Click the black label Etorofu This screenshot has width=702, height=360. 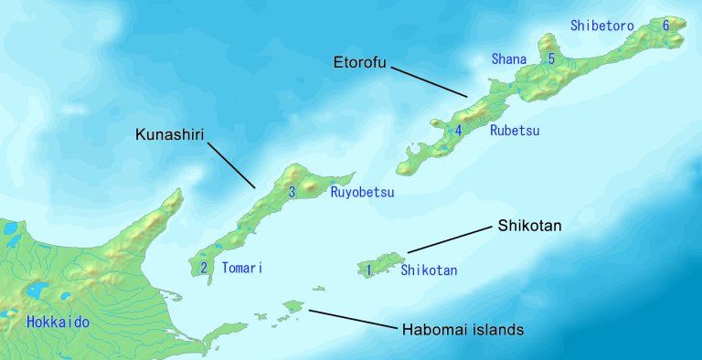point(361,64)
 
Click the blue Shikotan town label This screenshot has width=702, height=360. point(429,270)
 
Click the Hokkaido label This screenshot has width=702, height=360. point(58,322)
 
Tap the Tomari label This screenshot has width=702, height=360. point(242,269)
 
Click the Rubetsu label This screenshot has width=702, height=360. point(515,131)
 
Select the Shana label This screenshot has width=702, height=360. point(509,59)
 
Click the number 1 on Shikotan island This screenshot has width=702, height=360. point(369,270)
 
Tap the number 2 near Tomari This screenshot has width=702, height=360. point(203,268)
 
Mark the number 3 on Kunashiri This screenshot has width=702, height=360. point(292,192)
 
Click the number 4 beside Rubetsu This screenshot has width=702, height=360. point(458,130)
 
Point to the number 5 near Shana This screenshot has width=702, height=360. point(551,58)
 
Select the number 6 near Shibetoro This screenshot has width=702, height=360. point(665,25)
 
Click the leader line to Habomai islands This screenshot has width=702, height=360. point(351,318)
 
